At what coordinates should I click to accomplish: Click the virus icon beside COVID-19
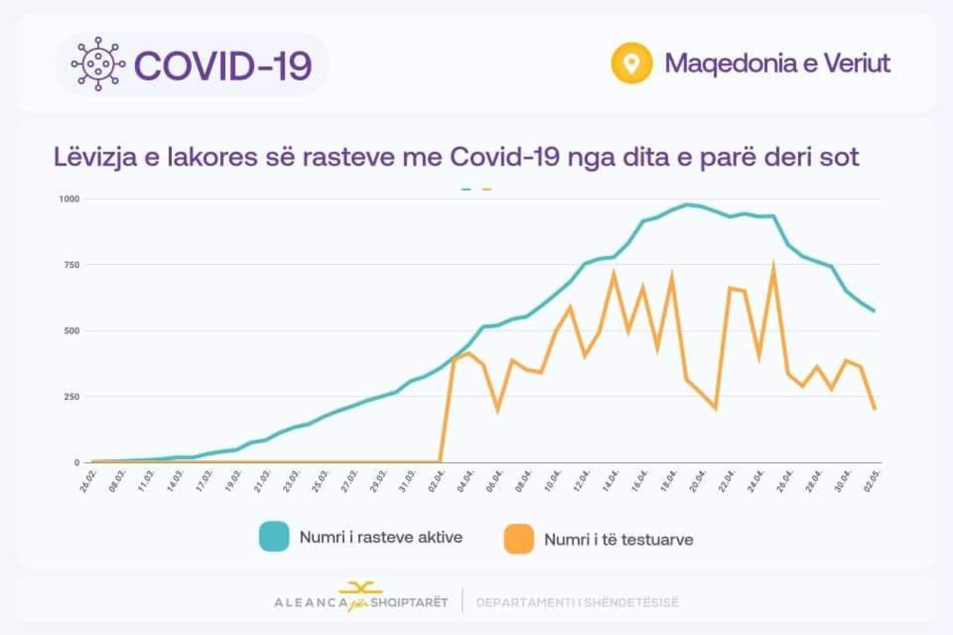[98, 64]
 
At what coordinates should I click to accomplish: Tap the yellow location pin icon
[631, 63]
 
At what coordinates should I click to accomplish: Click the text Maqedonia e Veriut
[778, 63]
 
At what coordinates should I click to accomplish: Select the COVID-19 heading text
[223, 66]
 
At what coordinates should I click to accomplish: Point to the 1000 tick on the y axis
[69, 199]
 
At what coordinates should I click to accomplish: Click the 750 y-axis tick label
[71, 265]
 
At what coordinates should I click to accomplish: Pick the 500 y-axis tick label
[72, 331]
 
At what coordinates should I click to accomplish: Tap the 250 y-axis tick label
[72, 397]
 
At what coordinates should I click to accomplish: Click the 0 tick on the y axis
[77, 463]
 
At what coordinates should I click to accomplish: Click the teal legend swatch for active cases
[274, 537]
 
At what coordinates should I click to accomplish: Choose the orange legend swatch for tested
[519, 539]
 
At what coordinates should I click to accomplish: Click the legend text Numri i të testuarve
[618, 540]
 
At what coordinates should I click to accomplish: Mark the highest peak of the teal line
[687, 204]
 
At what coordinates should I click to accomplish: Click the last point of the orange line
[875, 409]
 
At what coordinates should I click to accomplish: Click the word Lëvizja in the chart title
[95, 157]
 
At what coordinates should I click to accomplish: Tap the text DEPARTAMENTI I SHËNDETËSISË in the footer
[577, 602]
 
